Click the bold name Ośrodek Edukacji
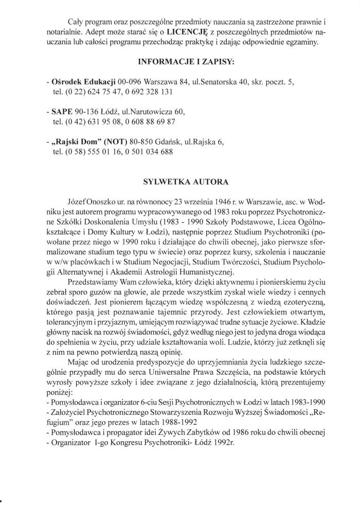83,82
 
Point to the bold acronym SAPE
62,112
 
